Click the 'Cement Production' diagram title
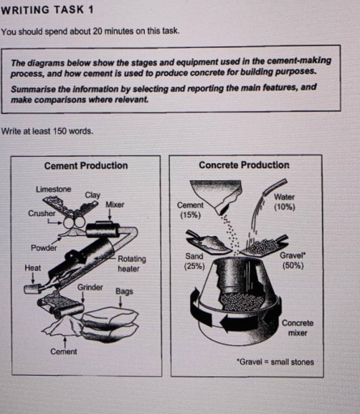[86, 166]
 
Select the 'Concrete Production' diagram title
[244, 165]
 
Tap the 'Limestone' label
[53, 189]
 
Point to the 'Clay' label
[92, 195]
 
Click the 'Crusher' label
[42, 213]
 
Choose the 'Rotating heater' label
[132, 264]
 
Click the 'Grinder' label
[90, 287]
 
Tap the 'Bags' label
[125, 292]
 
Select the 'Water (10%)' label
[285, 202]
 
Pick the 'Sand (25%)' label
[194, 261]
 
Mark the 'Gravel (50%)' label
[293, 260]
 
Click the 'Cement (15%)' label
[190, 210]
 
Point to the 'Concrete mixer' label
[298, 327]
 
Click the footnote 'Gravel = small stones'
[275, 361]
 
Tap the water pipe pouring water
[274, 187]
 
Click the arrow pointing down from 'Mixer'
[109, 215]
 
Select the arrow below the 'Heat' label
[33, 278]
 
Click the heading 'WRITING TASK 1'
[48, 11]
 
